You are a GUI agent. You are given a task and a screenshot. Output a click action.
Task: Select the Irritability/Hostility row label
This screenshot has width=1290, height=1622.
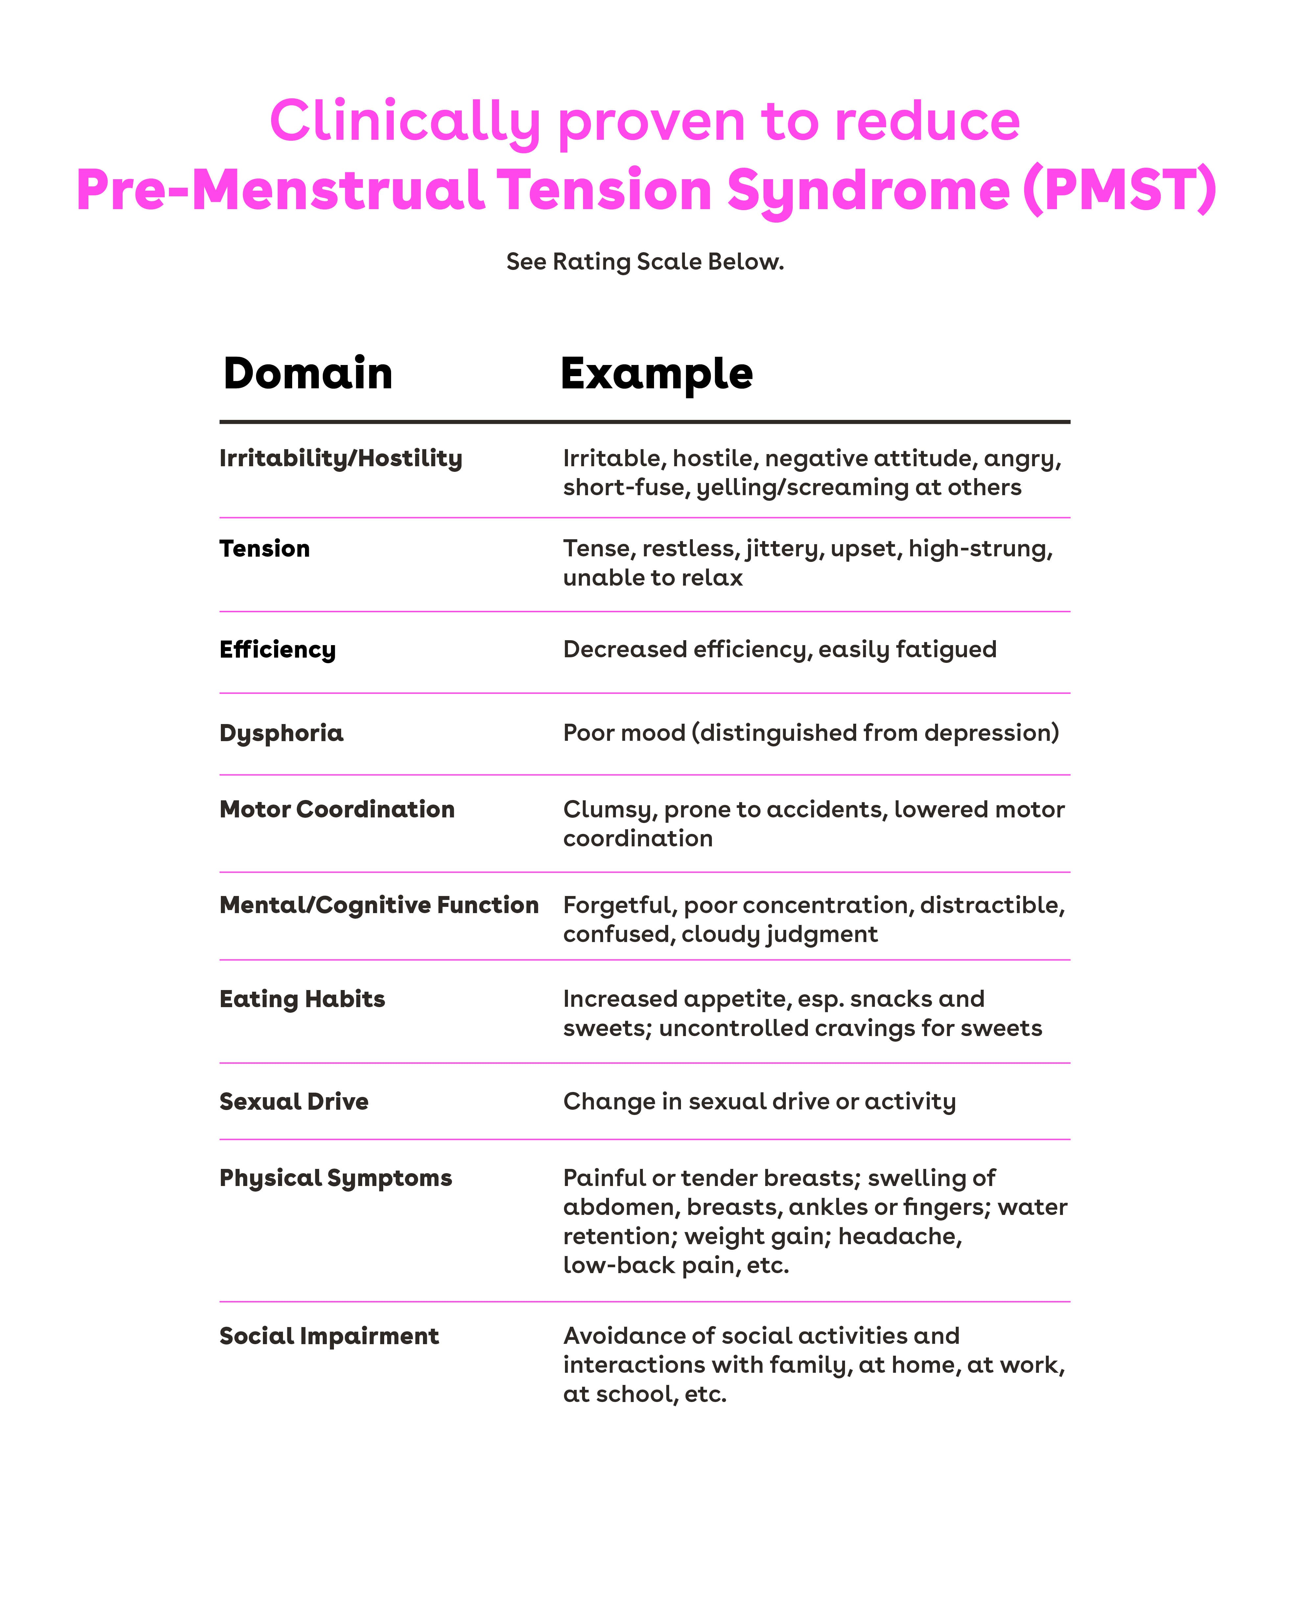click(341, 458)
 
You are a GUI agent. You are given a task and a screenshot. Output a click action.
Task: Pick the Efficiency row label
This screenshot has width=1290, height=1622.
click(278, 649)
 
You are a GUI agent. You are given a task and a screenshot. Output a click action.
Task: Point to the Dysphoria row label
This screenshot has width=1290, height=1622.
click(281, 733)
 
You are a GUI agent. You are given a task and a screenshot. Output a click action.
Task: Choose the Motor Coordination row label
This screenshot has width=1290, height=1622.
click(337, 810)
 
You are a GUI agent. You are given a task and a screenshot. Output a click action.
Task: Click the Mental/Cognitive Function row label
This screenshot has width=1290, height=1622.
click(379, 905)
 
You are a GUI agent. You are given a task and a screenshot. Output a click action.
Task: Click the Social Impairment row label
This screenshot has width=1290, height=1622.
click(329, 1336)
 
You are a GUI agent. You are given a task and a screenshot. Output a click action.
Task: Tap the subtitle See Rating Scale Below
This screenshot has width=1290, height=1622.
click(645, 262)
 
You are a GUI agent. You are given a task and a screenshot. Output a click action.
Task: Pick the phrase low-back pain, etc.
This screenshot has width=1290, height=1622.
click(675, 1265)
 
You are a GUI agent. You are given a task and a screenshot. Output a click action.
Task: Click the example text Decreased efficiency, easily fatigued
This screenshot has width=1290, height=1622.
click(779, 649)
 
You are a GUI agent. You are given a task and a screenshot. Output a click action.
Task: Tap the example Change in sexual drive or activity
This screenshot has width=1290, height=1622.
click(759, 1102)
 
